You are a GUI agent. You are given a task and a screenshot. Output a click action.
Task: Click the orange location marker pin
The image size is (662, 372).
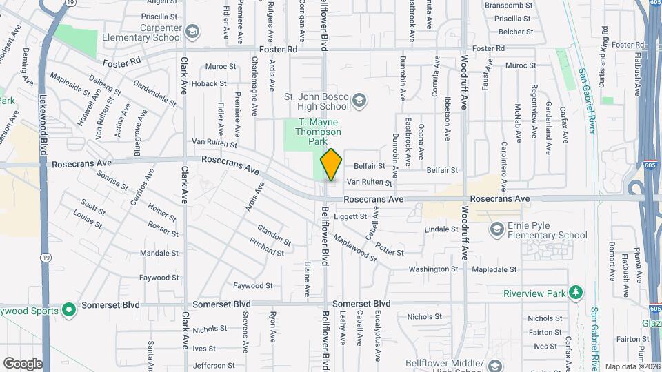click(x=331, y=165)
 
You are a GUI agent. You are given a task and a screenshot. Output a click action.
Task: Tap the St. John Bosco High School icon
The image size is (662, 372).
click(x=359, y=102)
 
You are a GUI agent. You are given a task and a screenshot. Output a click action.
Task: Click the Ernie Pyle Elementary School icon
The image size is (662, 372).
click(x=496, y=229)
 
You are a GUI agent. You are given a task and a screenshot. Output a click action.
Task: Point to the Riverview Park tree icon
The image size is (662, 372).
click(x=575, y=293)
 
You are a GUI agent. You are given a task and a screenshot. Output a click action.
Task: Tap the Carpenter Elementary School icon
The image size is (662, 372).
click(x=191, y=32)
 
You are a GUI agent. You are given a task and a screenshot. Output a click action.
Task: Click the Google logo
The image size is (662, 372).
click(x=23, y=363)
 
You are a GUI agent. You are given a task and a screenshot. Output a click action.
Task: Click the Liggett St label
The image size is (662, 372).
click(x=350, y=216)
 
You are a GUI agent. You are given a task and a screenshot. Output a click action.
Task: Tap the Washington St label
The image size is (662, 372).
click(x=433, y=269)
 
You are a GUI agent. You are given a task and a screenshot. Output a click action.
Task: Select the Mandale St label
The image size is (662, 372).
click(x=159, y=254)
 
